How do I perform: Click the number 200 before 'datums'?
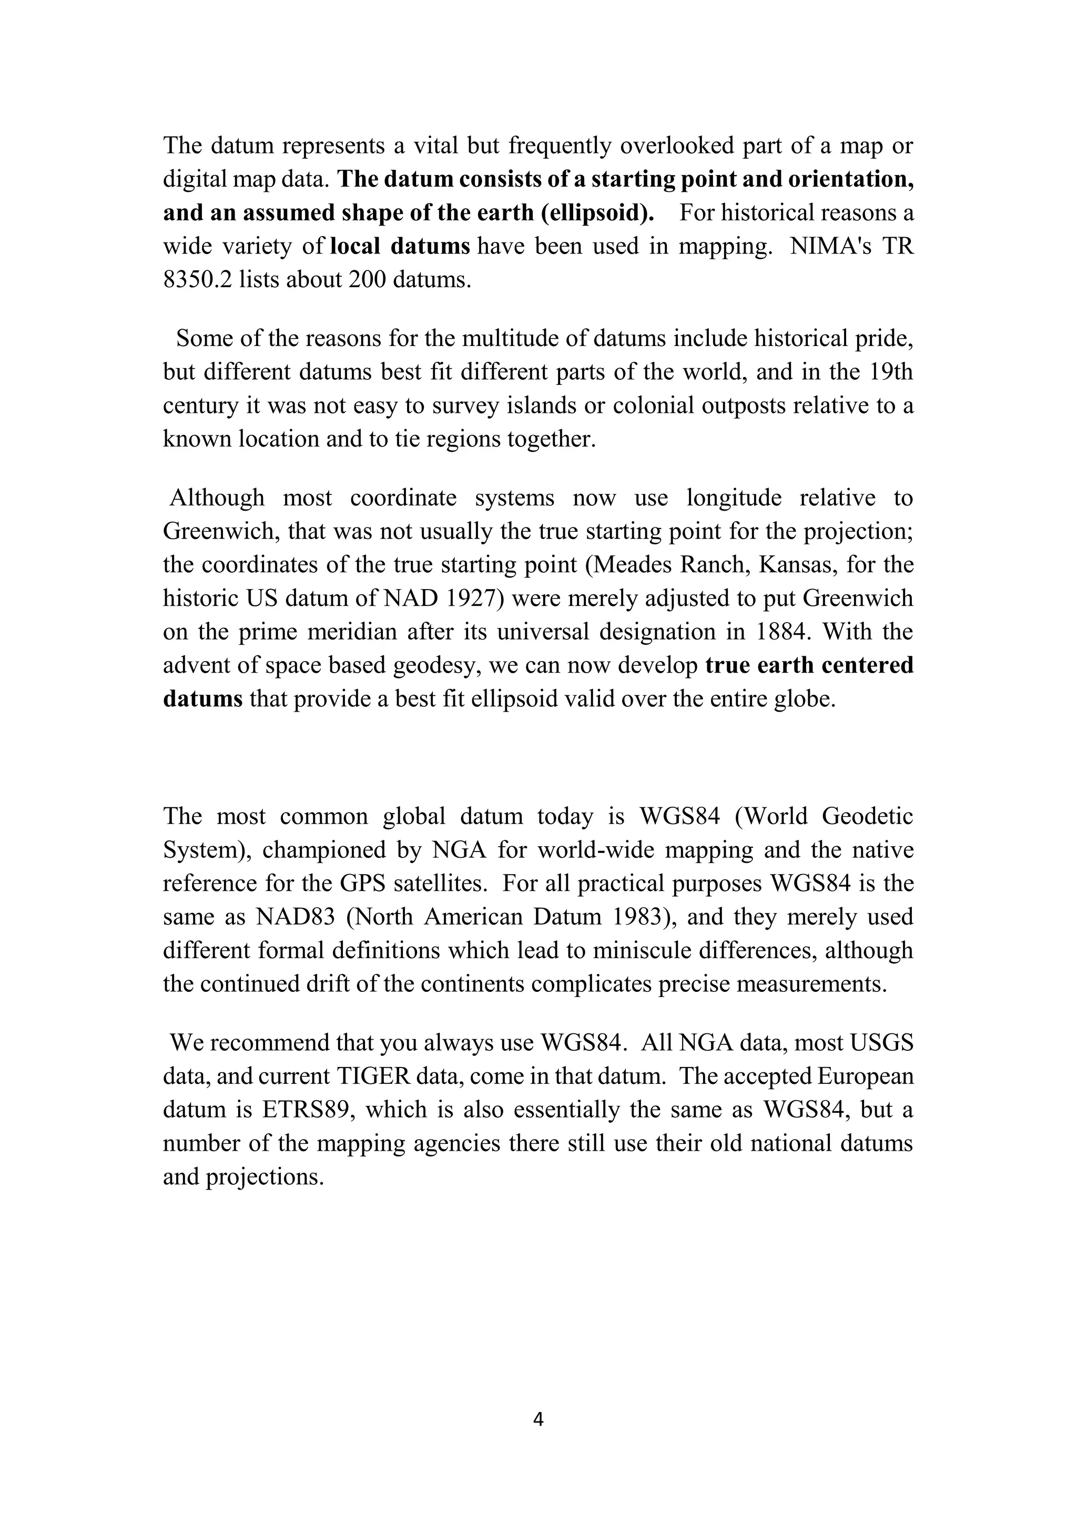[x=367, y=279]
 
